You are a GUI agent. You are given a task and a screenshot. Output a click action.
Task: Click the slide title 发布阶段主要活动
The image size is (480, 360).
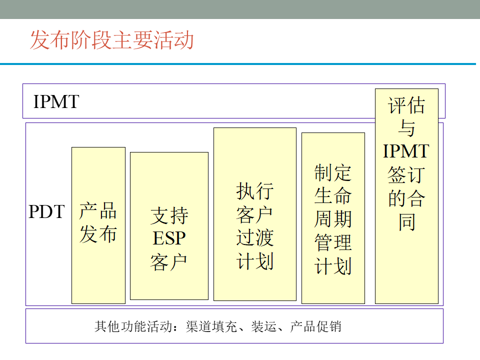pos(111,40)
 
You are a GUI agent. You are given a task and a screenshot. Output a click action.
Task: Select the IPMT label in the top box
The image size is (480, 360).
pos(56,101)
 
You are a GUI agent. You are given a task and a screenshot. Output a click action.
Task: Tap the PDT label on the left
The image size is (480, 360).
pos(46,211)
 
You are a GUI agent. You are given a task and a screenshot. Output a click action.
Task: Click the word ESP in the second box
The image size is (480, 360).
pos(169,239)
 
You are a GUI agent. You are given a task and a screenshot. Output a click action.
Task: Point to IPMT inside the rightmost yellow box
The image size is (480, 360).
pos(406,151)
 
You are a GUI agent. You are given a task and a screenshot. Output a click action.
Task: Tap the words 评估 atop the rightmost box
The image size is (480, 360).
pos(406,106)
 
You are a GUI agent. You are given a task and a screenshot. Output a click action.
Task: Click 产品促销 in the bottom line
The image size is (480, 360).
pos(316,327)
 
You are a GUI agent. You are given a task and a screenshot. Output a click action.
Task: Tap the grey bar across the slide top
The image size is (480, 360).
pos(240,9)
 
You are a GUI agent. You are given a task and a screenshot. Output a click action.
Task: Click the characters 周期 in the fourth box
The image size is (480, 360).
pos(333,218)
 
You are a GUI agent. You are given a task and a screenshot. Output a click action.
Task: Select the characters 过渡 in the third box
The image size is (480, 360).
pos(254,238)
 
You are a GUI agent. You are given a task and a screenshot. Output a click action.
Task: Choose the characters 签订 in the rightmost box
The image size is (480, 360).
pos(406,174)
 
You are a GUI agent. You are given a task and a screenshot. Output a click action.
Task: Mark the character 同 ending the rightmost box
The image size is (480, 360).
pos(406,220)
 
